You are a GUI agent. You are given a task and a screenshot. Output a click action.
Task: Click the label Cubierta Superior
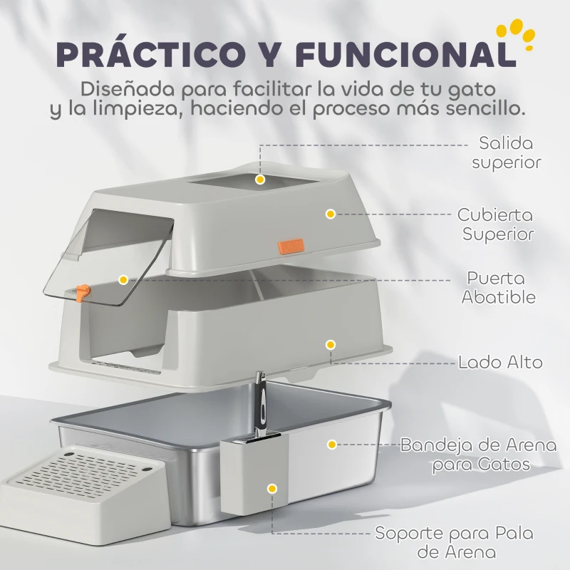pyautogui.click(x=494, y=224)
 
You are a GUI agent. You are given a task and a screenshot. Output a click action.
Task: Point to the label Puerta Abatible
pyautogui.click(x=498, y=287)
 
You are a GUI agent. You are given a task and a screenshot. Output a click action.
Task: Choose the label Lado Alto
pyautogui.click(x=500, y=362)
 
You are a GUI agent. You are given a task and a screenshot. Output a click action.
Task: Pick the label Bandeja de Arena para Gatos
pyautogui.click(x=478, y=455)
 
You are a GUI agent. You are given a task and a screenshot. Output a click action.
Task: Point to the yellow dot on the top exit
pyautogui.click(x=261, y=180)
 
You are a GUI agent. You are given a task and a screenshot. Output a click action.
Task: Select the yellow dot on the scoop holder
pyautogui.click(x=271, y=489)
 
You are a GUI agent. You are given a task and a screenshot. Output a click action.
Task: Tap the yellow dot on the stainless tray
pyautogui.click(x=331, y=444)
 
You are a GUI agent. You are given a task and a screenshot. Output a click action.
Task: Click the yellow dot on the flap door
pyautogui.click(x=123, y=280)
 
